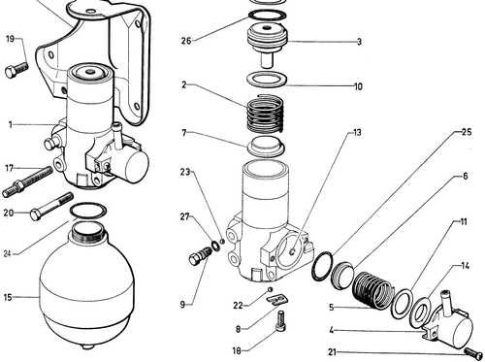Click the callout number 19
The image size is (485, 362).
[x=11, y=39]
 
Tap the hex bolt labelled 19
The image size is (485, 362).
[x=16, y=70]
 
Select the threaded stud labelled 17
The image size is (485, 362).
[x=27, y=181]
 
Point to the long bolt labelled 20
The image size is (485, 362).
[x=51, y=206]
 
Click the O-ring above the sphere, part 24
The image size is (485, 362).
[x=88, y=211]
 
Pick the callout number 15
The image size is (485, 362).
[x=8, y=297]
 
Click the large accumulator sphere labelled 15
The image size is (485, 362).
[x=86, y=285]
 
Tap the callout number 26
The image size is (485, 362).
[x=186, y=41]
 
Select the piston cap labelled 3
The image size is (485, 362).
[x=267, y=46]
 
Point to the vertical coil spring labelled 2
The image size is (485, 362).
[x=266, y=114]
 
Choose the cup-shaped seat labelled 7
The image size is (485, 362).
[x=266, y=146]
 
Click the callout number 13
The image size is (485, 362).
[x=357, y=133]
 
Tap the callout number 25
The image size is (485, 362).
[x=467, y=132]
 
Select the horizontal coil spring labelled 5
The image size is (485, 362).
[x=373, y=290]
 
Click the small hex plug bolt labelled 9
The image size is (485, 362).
[x=199, y=255]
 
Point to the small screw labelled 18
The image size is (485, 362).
[x=280, y=320]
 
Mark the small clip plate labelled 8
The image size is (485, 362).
[x=277, y=299]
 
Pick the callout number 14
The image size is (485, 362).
[x=465, y=266]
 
